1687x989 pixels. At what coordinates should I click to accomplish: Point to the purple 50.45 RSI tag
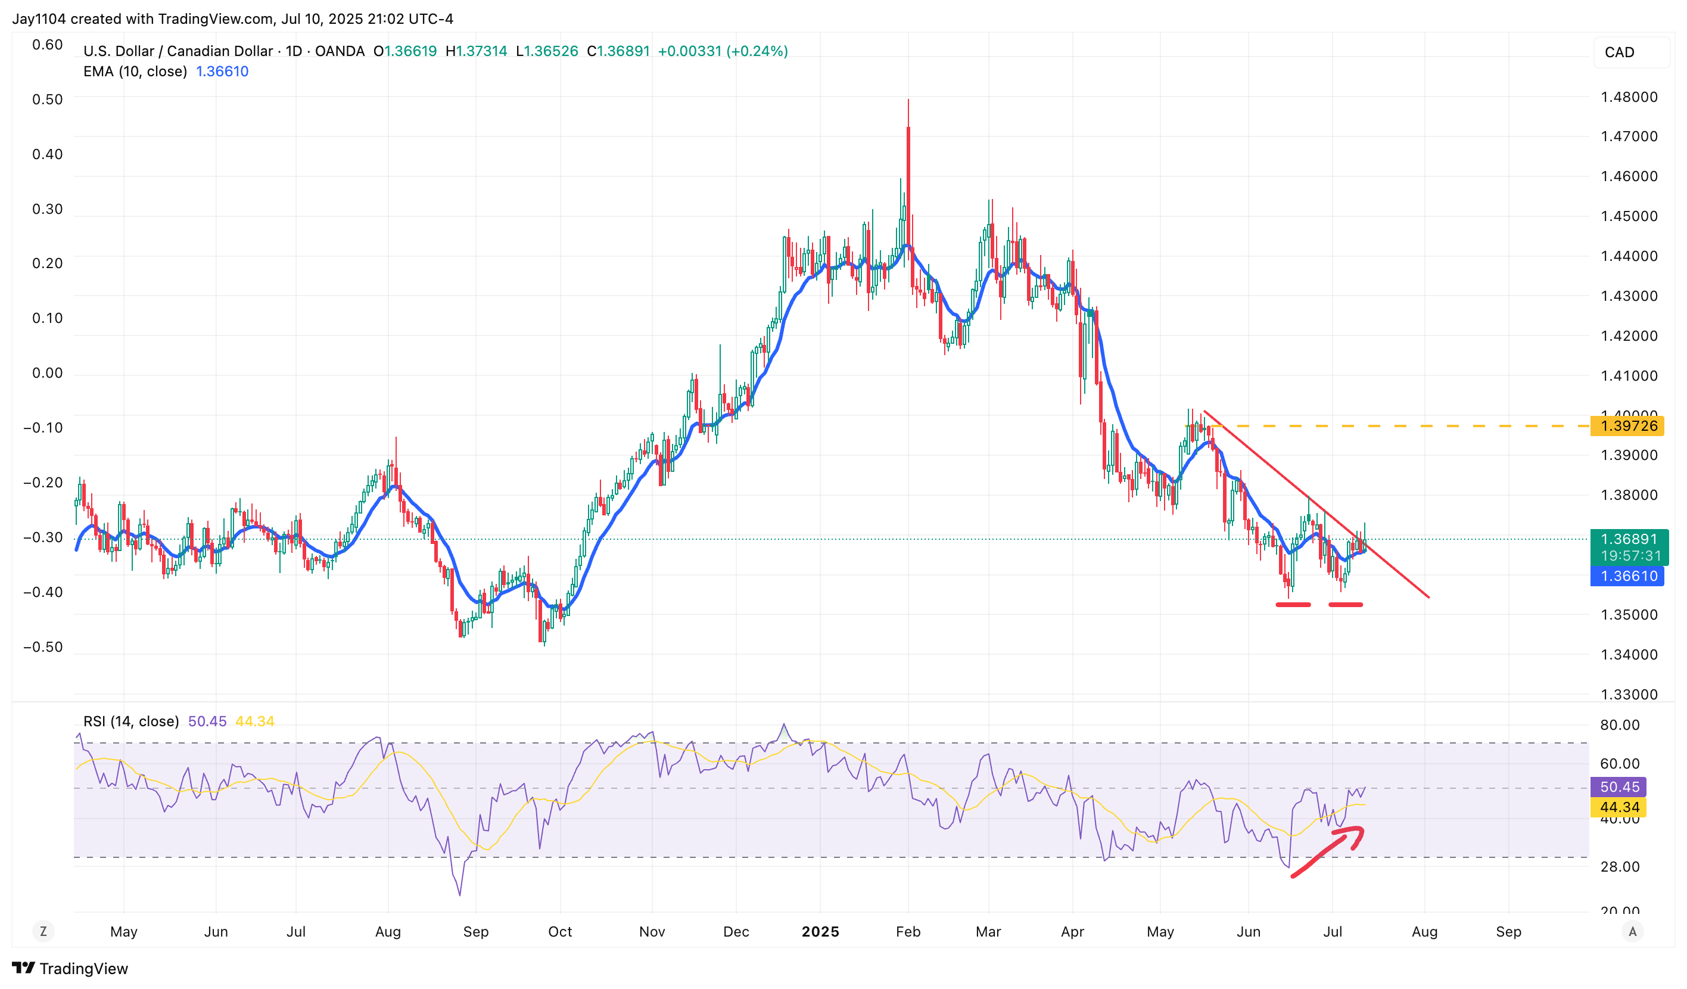1618,787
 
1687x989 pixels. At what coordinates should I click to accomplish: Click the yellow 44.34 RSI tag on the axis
1618,807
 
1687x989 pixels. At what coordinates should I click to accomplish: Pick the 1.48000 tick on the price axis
1628,97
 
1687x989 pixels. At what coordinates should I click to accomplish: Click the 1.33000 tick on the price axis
1628,694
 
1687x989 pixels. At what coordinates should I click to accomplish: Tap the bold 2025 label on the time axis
820,931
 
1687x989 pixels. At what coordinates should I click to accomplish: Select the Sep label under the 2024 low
476,931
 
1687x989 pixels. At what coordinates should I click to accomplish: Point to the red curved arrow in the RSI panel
1329,850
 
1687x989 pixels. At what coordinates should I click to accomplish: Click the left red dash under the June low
1293,605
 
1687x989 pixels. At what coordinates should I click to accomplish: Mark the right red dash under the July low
1345,605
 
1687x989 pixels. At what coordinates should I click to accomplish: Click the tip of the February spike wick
908,101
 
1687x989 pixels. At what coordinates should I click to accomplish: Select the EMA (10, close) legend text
135,71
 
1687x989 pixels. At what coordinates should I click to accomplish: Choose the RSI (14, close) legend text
131,721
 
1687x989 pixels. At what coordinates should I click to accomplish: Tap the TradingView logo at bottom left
70,968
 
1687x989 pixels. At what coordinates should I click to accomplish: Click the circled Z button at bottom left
43,931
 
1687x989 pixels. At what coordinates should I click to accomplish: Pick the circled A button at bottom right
1633,931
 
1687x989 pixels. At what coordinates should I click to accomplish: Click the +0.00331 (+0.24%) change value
723,51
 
